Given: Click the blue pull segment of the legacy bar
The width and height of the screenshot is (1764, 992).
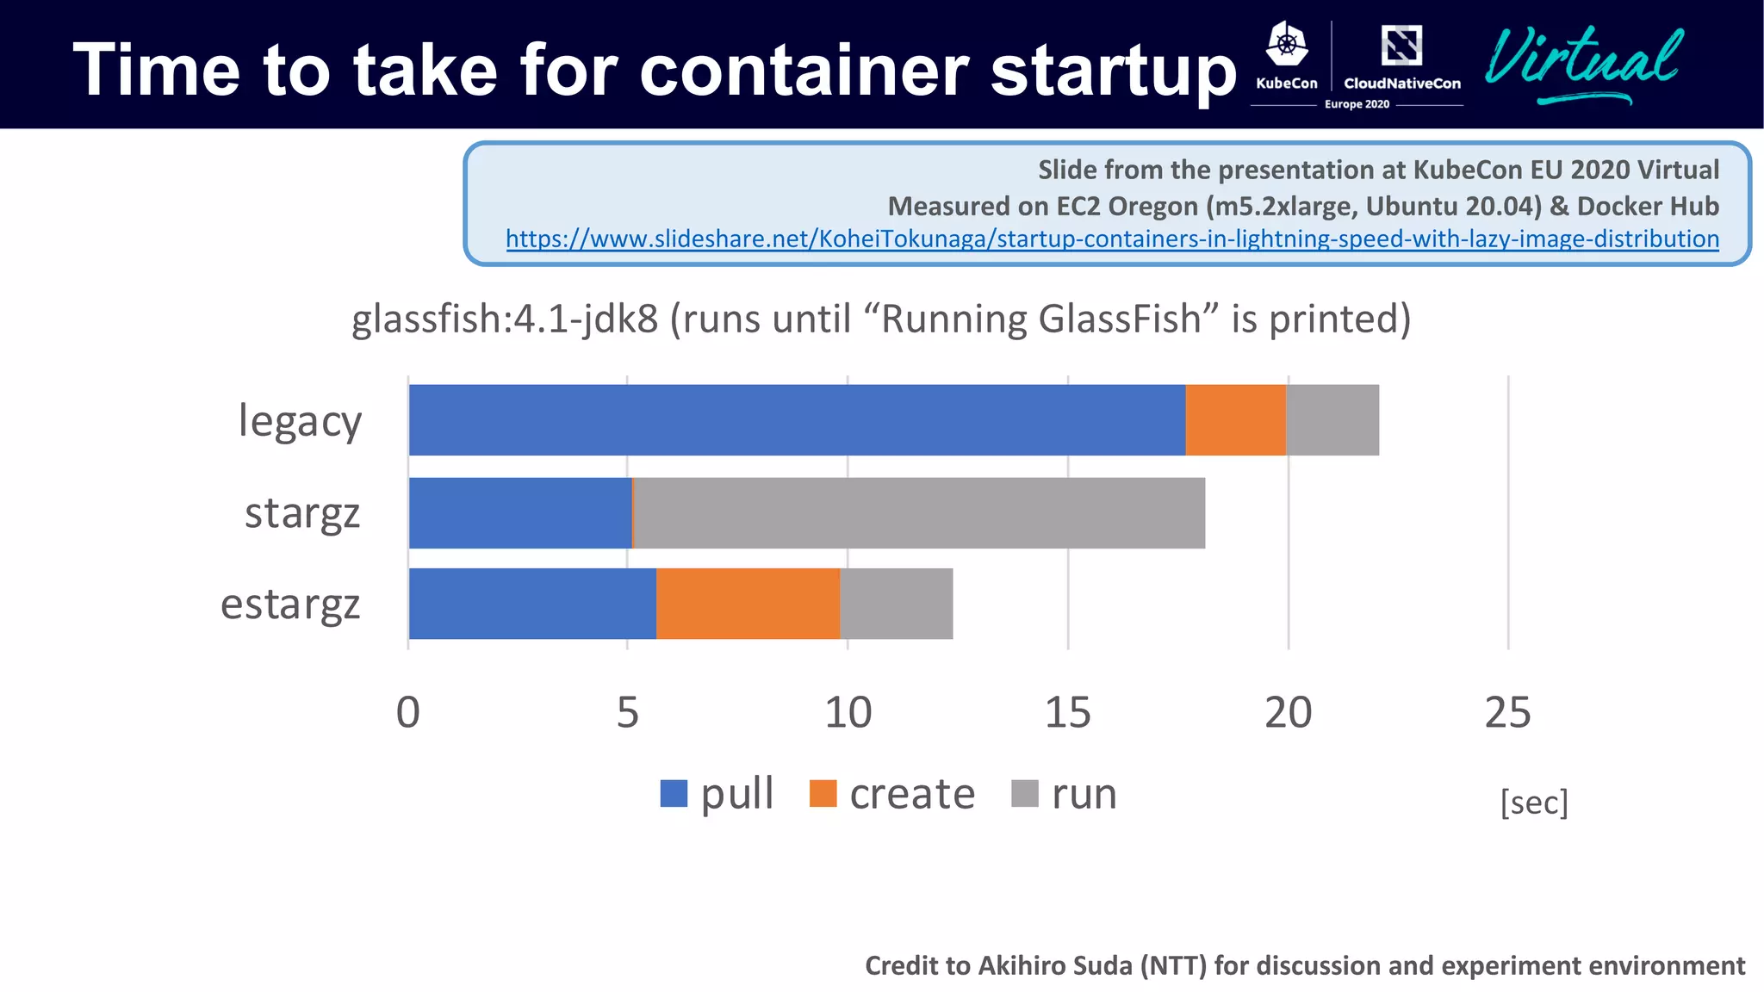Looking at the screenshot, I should click(797, 420).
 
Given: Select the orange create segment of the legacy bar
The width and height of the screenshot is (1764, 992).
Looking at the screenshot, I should click(1235, 420).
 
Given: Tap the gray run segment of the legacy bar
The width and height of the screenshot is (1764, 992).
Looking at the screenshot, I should click(1332, 420).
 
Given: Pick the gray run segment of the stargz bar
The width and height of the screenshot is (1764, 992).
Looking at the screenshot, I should click(919, 513).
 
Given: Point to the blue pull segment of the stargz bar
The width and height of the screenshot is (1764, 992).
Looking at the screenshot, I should click(520, 513).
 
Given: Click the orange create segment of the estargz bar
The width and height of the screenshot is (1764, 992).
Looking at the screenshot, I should click(748, 604).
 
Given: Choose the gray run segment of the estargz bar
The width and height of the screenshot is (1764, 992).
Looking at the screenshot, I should click(896, 604).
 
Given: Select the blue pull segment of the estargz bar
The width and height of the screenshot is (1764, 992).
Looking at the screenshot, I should click(532, 604).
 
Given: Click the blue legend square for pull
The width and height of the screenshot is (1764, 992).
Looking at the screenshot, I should click(674, 793).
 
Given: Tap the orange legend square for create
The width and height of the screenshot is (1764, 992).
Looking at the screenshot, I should click(823, 793).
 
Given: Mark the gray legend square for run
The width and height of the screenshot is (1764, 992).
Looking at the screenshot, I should click(1024, 793).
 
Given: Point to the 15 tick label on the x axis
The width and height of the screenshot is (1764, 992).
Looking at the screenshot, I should click(1067, 713).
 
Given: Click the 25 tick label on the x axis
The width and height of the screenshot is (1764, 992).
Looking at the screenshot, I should click(1507, 713).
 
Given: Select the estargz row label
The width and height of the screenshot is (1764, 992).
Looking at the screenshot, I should click(290, 604).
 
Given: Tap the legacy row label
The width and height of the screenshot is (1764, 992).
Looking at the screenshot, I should click(300, 422).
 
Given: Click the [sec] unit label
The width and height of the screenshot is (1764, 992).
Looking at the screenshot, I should click(1534, 803).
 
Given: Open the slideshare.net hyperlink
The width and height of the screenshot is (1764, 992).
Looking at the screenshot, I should click(1112, 239).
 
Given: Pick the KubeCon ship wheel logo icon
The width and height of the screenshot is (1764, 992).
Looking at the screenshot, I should click(1287, 45).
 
